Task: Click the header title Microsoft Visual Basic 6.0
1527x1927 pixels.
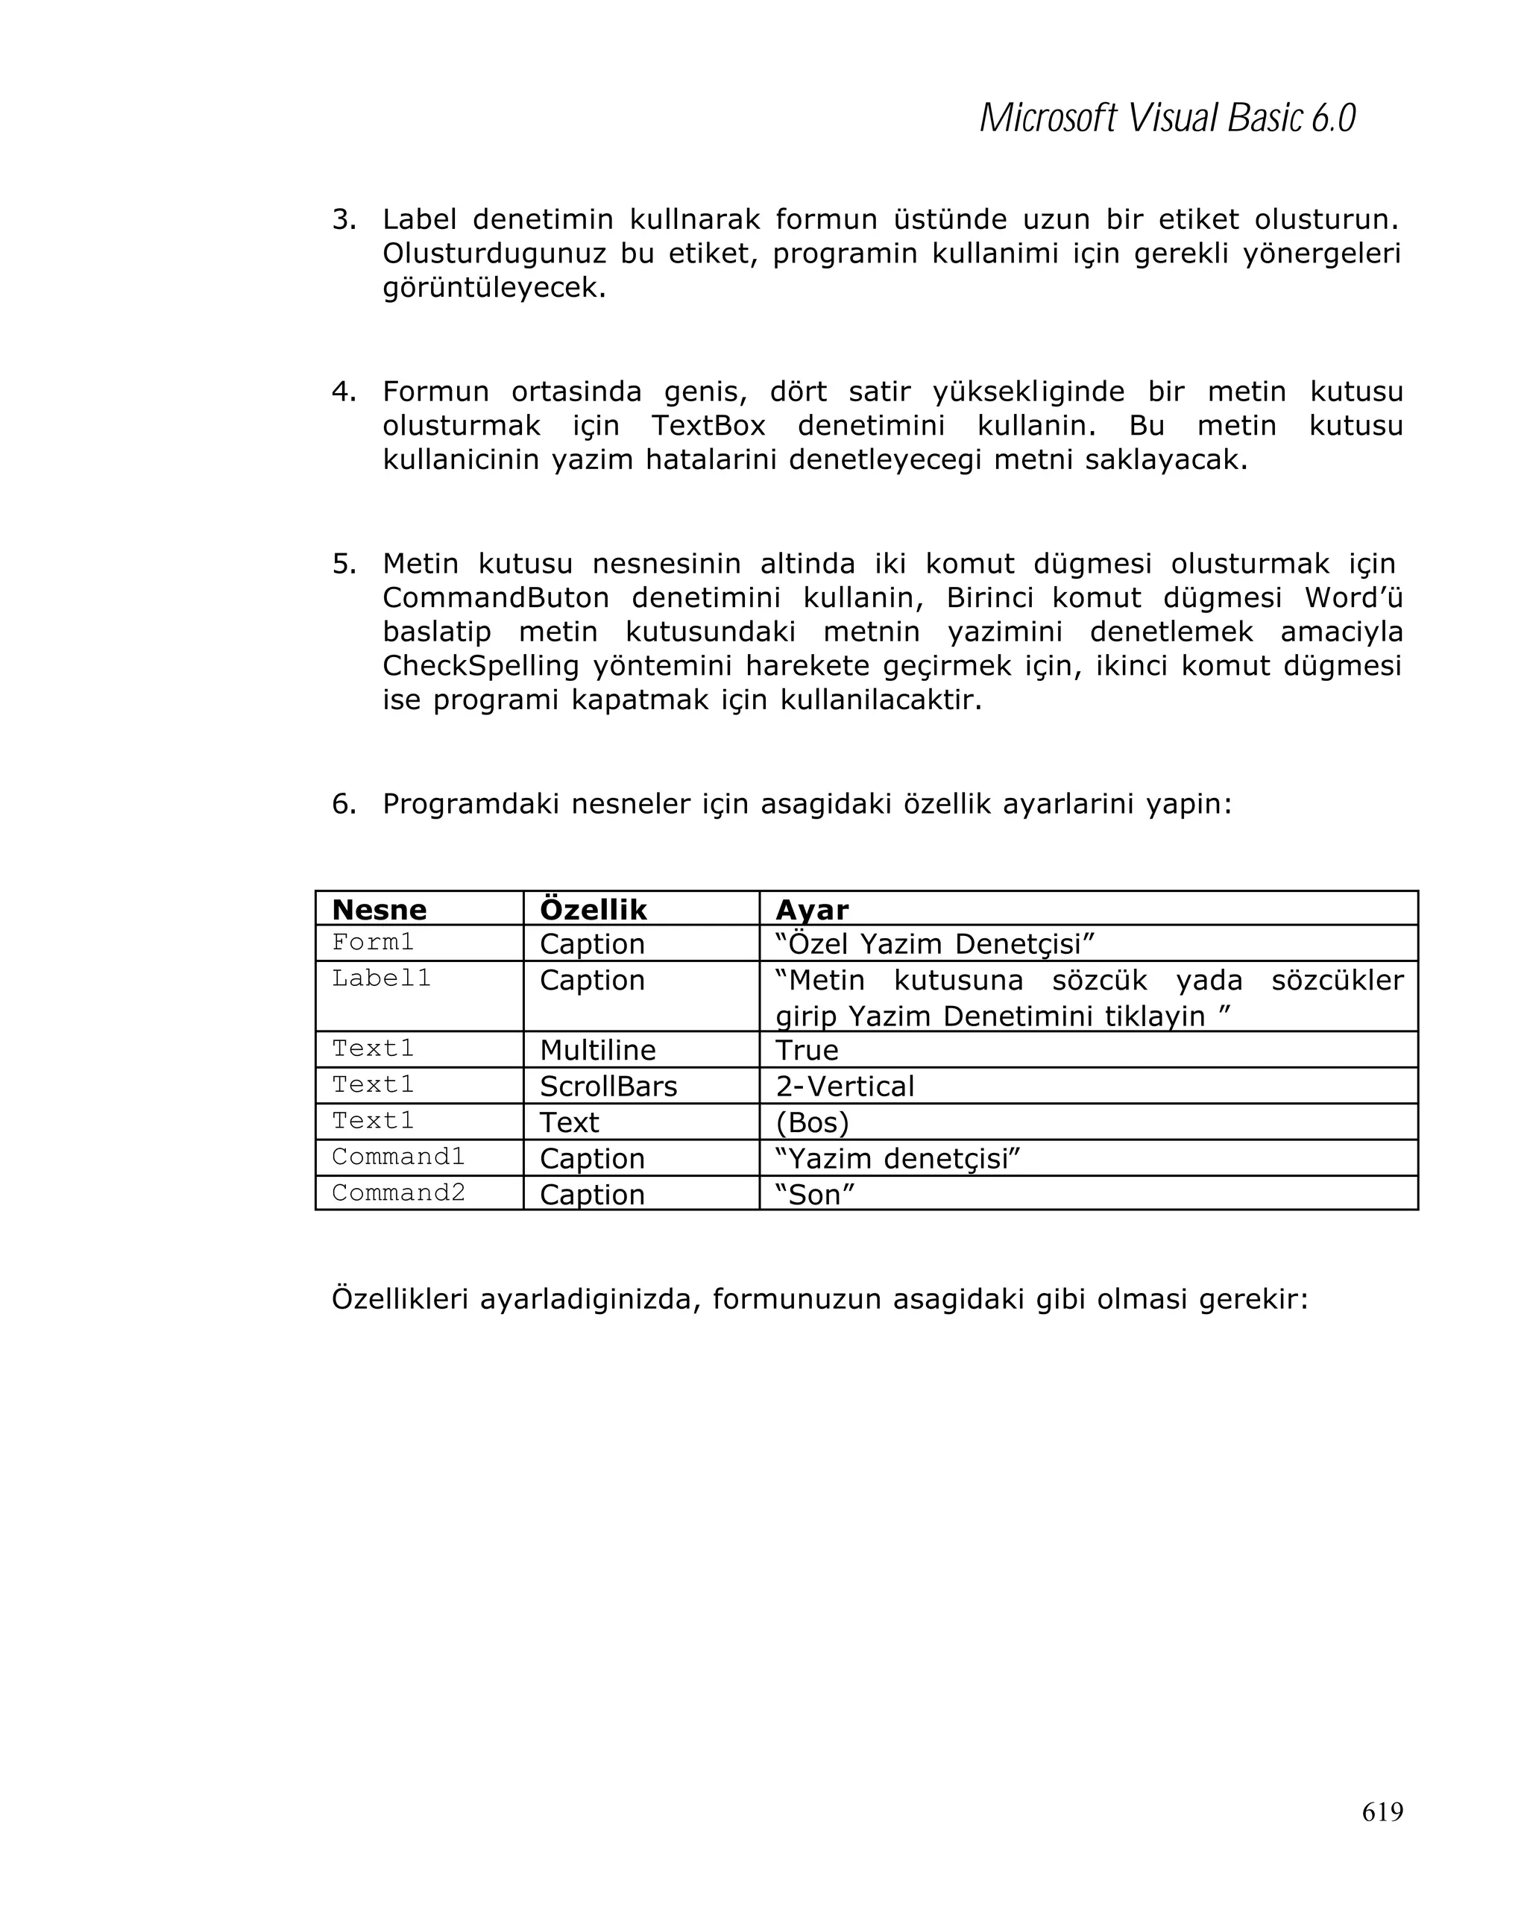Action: click(x=1166, y=118)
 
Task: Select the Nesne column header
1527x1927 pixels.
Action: click(x=379, y=910)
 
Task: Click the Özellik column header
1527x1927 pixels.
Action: click(x=593, y=910)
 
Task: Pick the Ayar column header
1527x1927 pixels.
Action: click(x=811, y=910)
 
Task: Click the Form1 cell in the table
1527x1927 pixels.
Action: click(x=373, y=942)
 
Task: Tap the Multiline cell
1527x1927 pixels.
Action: click(x=597, y=1049)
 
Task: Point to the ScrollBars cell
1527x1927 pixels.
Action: click(x=608, y=1086)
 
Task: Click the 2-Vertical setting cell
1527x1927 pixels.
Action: click(x=844, y=1086)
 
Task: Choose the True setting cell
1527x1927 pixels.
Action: click(x=806, y=1049)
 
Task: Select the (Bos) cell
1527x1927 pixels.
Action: click(x=811, y=1122)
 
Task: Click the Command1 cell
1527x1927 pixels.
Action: click(x=397, y=1157)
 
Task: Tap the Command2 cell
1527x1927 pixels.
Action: click(x=397, y=1192)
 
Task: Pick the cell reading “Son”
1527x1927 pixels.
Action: click(x=814, y=1194)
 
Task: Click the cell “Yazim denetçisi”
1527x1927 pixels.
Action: click(x=897, y=1158)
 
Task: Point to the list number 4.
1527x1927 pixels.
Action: click(x=343, y=392)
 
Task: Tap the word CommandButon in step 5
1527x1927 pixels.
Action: click(x=495, y=597)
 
